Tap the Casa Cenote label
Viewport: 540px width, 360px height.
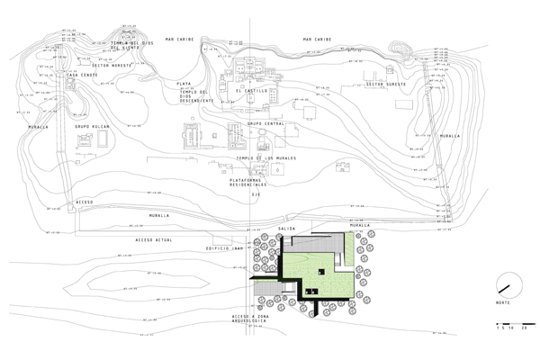(x=84, y=75)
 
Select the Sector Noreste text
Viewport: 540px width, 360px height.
(x=112, y=66)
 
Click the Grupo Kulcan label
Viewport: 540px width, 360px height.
(x=92, y=127)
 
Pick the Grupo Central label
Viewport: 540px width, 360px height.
(x=266, y=123)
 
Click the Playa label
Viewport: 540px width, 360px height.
(x=184, y=83)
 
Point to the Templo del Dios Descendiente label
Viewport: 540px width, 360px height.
(x=194, y=96)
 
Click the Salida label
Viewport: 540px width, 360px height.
(x=287, y=229)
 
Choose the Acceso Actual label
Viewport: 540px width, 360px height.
(x=154, y=241)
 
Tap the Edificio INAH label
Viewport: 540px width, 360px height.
(x=225, y=247)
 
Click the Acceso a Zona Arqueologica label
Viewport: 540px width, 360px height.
(x=251, y=320)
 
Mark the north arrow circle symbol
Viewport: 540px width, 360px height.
(x=503, y=289)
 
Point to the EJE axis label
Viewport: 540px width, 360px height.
(x=256, y=194)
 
